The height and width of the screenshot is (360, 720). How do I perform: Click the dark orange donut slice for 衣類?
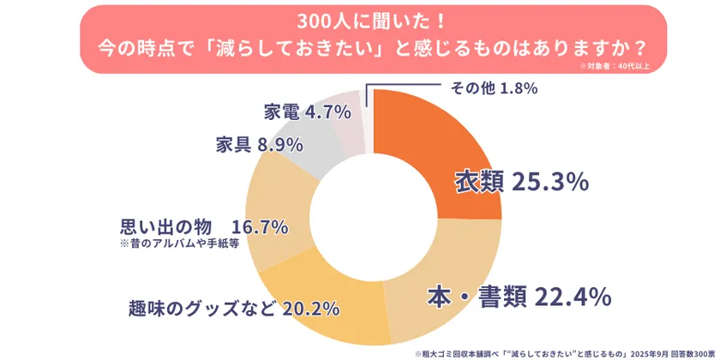click(x=446, y=137)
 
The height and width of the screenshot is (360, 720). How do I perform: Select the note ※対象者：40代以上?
click(x=615, y=65)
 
